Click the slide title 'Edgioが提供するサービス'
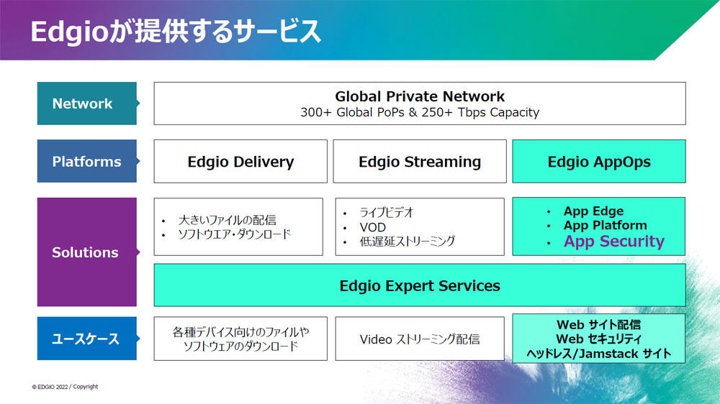pos(176,32)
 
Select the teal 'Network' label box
pos(87,104)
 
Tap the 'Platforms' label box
pos(87,162)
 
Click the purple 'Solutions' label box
pos(87,252)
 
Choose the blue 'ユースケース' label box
pos(87,339)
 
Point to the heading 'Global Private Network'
pos(420,96)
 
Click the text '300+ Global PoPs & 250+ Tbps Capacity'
pos(420,112)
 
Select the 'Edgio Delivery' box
pos(240,162)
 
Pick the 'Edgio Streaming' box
pos(420,162)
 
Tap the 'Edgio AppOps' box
pos(599,162)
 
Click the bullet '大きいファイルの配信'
pos(228,220)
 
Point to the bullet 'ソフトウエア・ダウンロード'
pos(235,234)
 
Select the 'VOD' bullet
pos(372,227)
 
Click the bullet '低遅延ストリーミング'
pos(408,242)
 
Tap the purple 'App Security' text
pos(614,242)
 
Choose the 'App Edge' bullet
pos(593,211)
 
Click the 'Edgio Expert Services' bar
pos(420,285)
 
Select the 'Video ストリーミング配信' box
pos(420,339)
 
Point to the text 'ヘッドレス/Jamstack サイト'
pos(599,354)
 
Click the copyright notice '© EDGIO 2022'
pos(50,387)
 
